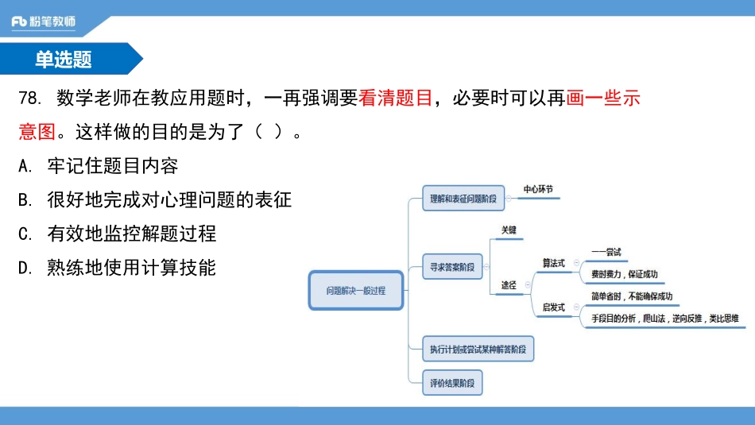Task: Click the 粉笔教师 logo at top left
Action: tap(44, 21)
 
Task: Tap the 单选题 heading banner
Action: tap(64, 59)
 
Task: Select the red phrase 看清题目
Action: tap(395, 99)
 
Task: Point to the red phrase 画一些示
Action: tap(603, 99)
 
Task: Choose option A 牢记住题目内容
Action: tap(99, 166)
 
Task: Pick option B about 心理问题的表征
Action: tap(155, 200)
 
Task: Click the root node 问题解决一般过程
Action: tap(355, 290)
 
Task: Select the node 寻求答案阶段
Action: tap(451, 267)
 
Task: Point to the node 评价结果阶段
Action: tap(451, 383)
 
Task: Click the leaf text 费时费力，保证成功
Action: tap(624, 275)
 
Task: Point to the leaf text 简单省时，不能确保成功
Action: tap(631, 296)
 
